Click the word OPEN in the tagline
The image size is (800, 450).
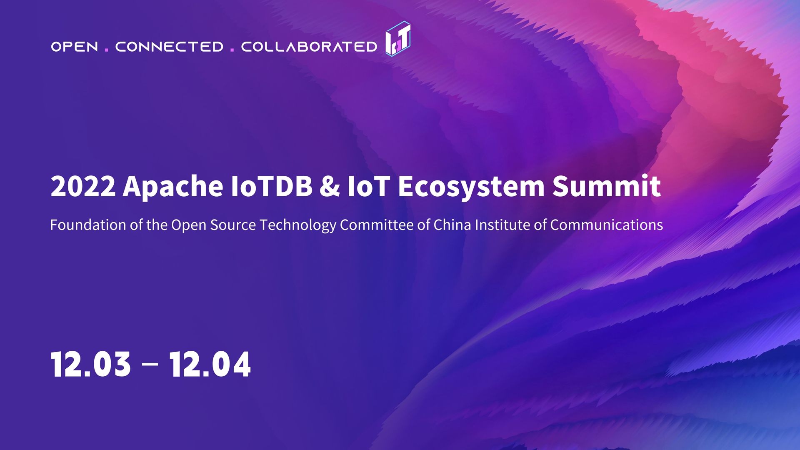click(75, 47)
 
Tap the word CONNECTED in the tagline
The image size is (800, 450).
click(169, 47)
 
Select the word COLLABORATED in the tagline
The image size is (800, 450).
click(309, 47)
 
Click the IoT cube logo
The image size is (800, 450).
click(398, 38)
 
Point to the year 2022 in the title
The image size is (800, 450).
click(83, 186)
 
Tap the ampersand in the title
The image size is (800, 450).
click(330, 186)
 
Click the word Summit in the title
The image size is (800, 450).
click(607, 186)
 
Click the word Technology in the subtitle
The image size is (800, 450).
click(298, 225)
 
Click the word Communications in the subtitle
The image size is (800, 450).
click(607, 225)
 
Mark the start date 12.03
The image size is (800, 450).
click(90, 364)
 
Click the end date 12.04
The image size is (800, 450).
click(210, 364)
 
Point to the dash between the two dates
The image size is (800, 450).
click(150, 364)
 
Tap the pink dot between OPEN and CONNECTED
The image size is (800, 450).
click(107, 50)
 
